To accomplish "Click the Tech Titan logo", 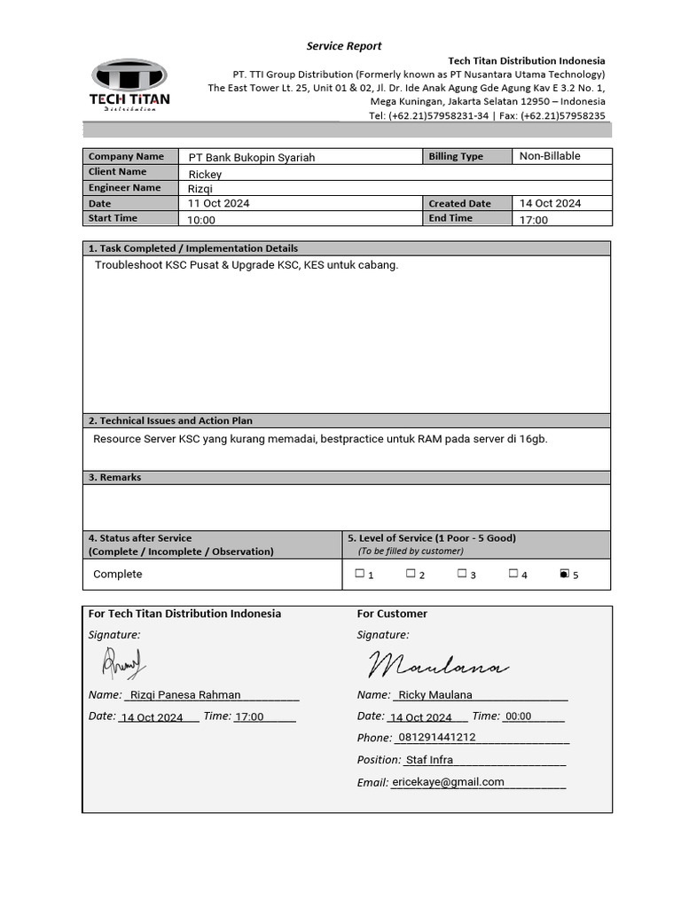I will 129,85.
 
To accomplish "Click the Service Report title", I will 344,46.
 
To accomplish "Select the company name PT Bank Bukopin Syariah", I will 251,157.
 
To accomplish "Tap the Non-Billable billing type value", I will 550,156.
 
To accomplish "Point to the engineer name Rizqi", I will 200,189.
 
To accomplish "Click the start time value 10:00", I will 201,220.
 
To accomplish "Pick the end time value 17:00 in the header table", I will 534,220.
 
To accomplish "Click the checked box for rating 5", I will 564,574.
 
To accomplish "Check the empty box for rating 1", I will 359,574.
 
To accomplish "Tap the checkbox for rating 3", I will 462,574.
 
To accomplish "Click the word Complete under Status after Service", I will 117,575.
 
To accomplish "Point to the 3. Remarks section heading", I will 114,477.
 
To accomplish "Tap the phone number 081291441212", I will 437,738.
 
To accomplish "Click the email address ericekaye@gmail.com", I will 448,782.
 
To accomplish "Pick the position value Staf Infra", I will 429,760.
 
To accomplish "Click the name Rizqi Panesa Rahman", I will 185,695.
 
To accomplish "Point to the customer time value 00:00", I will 519,716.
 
